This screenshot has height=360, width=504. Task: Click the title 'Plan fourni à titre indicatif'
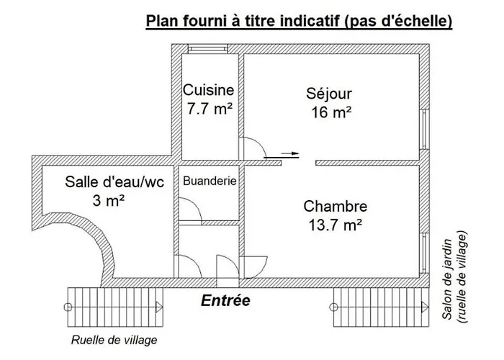[x=299, y=22]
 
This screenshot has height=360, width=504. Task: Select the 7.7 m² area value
[x=208, y=109]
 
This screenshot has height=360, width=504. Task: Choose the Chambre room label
[x=336, y=206]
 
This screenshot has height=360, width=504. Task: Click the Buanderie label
[x=210, y=181]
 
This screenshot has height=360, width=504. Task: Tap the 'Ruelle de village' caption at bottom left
[x=114, y=340]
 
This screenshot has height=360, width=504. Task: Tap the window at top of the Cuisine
[x=209, y=50]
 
